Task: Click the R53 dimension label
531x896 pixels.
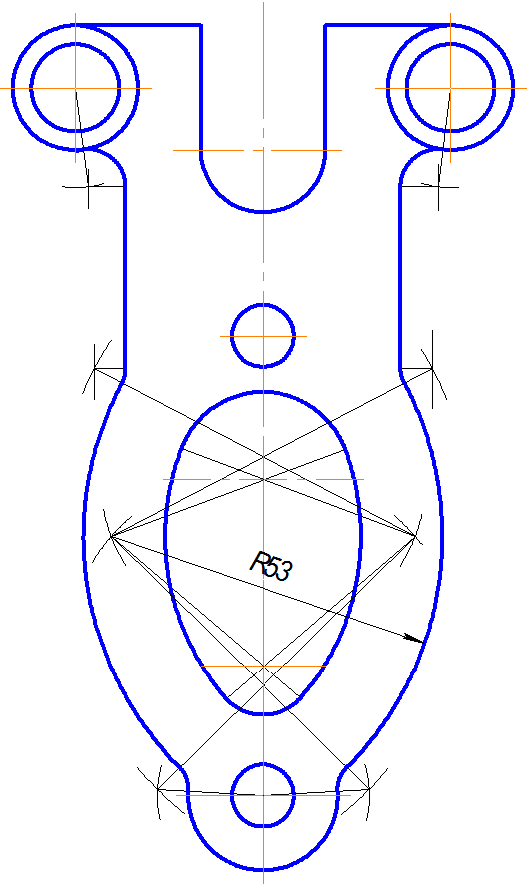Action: click(271, 567)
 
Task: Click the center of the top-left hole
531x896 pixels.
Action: click(75, 88)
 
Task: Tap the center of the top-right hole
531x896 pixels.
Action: click(450, 88)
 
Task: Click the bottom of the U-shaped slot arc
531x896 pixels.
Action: click(263, 212)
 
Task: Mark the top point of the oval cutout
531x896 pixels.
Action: click(265, 392)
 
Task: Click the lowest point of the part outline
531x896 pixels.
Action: click(263, 870)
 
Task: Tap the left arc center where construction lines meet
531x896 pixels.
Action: click(111, 536)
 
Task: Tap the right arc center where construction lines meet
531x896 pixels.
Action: click(415, 536)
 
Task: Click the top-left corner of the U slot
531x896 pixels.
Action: click(200, 25)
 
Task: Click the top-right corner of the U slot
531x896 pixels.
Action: click(325, 25)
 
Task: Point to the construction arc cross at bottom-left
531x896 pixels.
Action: click(159, 789)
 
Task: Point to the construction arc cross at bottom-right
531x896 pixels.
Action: click(368, 789)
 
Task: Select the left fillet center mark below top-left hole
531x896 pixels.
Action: click(88, 186)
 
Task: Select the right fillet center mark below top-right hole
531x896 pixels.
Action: click(438, 186)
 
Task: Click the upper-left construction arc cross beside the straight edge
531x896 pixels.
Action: click(95, 369)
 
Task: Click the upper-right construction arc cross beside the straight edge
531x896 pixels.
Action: click(432, 369)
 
